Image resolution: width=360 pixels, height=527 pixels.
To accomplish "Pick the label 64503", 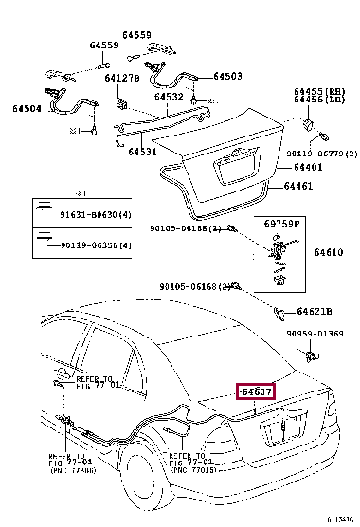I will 227,76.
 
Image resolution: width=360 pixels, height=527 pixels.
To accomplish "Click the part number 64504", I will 26,110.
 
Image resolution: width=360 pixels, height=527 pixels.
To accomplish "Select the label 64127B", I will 122,78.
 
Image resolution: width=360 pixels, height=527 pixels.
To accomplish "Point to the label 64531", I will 143,152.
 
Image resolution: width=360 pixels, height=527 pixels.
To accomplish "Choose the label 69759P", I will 281,223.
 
